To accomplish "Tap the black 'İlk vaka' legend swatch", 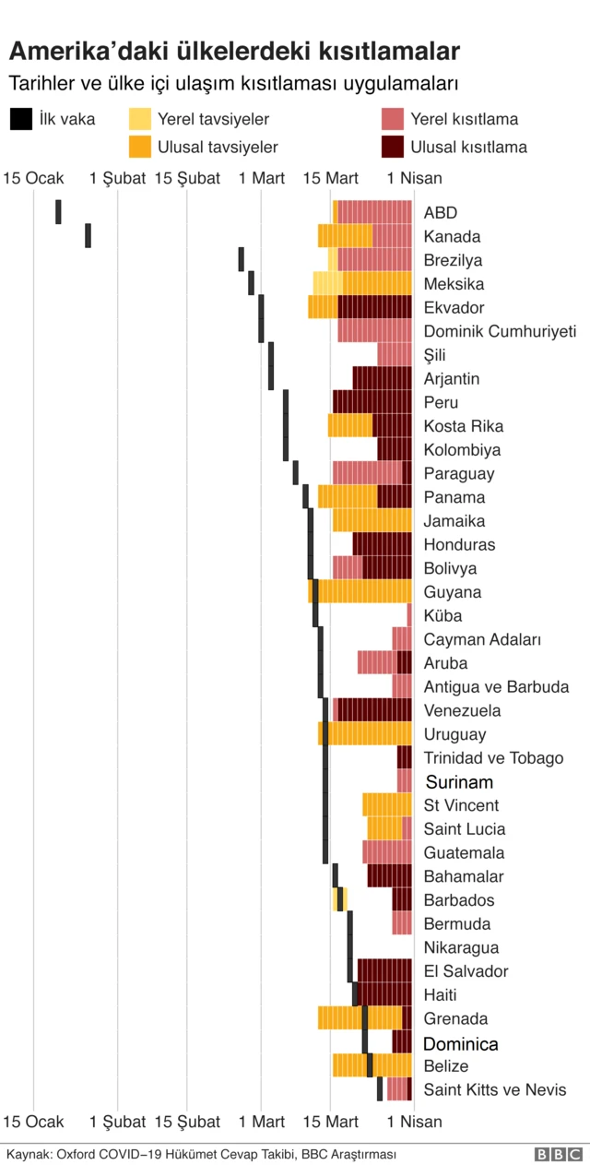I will (19, 119).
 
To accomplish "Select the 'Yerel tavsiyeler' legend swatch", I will (139, 119).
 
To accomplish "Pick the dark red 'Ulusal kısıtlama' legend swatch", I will (392, 147).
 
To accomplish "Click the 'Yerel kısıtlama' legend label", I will (464, 119).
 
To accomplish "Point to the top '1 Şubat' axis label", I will (118, 178).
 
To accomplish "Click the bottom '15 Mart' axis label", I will (330, 1122).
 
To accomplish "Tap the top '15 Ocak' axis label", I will (34, 178).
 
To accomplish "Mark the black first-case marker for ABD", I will (59, 211).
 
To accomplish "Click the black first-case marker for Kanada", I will (88, 235).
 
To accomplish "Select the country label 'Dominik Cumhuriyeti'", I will (500, 331).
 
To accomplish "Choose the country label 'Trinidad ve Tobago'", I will (493, 758).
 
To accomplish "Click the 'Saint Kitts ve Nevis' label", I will (495, 1090).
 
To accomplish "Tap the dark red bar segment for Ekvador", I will (374, 307).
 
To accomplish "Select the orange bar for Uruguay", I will (366, 734).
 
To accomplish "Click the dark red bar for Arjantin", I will (382, 378).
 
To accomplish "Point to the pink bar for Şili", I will (394, 354).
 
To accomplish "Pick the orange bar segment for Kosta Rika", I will (350, 425).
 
